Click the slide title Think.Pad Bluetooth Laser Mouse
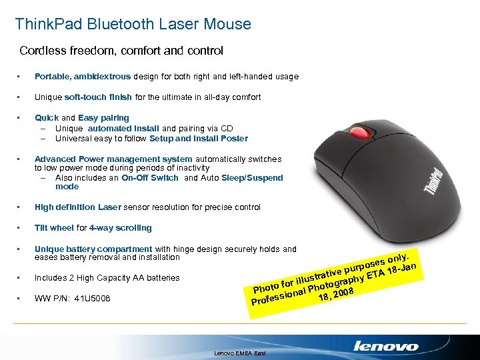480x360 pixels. pos(133,25)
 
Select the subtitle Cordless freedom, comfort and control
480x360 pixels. pos(121,51)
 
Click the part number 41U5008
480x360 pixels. pos(91,299)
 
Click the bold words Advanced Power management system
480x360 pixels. pos(113,159)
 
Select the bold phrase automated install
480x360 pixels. pos(123,128)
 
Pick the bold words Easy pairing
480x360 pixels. pos(104,118)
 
